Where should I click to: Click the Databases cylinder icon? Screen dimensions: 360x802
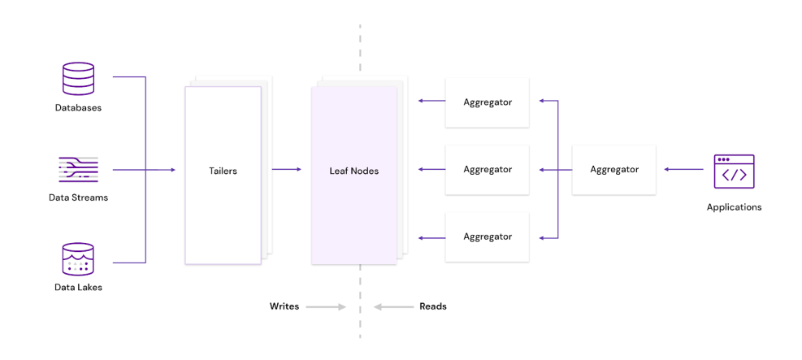[78, 79]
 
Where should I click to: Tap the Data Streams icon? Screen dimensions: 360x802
[78, 170]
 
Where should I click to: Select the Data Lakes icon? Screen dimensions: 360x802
[78, 259]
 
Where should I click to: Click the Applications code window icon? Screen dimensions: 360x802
[734, 171]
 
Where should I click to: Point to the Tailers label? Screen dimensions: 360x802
[223, 171]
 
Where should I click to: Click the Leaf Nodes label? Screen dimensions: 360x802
[353, 171]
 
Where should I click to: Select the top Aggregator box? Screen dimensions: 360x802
[488, 102]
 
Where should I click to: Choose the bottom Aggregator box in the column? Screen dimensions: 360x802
[488, 236]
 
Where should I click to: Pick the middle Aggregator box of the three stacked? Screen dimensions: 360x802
[488, 170]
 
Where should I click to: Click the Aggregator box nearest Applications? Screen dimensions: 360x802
[613, 170]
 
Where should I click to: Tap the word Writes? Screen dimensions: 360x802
[284, 306]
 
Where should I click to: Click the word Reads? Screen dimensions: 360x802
[432, 306]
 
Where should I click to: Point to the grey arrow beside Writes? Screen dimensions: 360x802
[327, 307]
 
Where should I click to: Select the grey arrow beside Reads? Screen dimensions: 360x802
[394, 307]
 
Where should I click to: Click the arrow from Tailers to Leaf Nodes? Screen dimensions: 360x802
[286, 170]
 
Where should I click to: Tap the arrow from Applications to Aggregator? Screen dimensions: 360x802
[683, 170]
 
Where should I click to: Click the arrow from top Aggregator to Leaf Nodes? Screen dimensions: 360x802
[431, 102]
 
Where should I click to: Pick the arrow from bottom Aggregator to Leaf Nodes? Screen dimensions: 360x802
[431, 237]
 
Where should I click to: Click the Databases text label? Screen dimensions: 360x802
[78, 107]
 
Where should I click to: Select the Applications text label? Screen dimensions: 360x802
[734, 207]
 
